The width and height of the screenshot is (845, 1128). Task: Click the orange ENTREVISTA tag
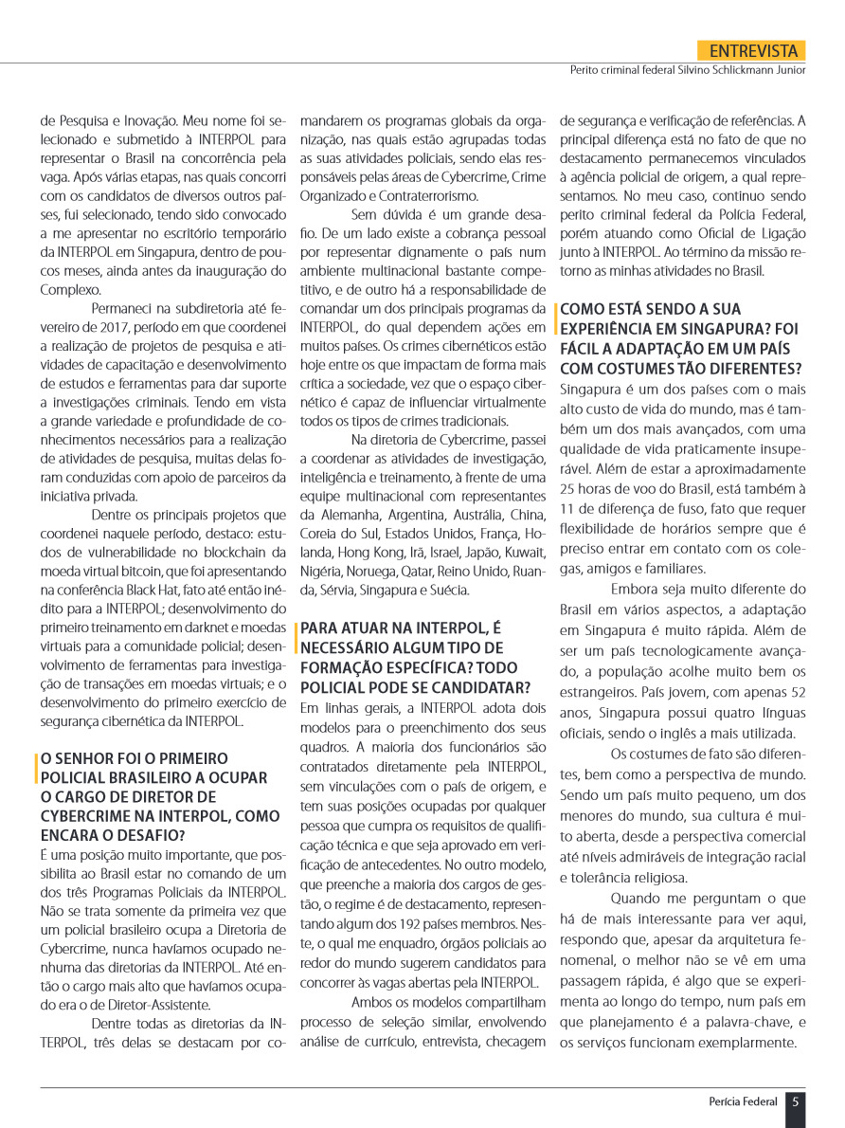[x=750, y=51]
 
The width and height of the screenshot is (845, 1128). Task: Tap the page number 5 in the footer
[x=796, y=1101]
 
